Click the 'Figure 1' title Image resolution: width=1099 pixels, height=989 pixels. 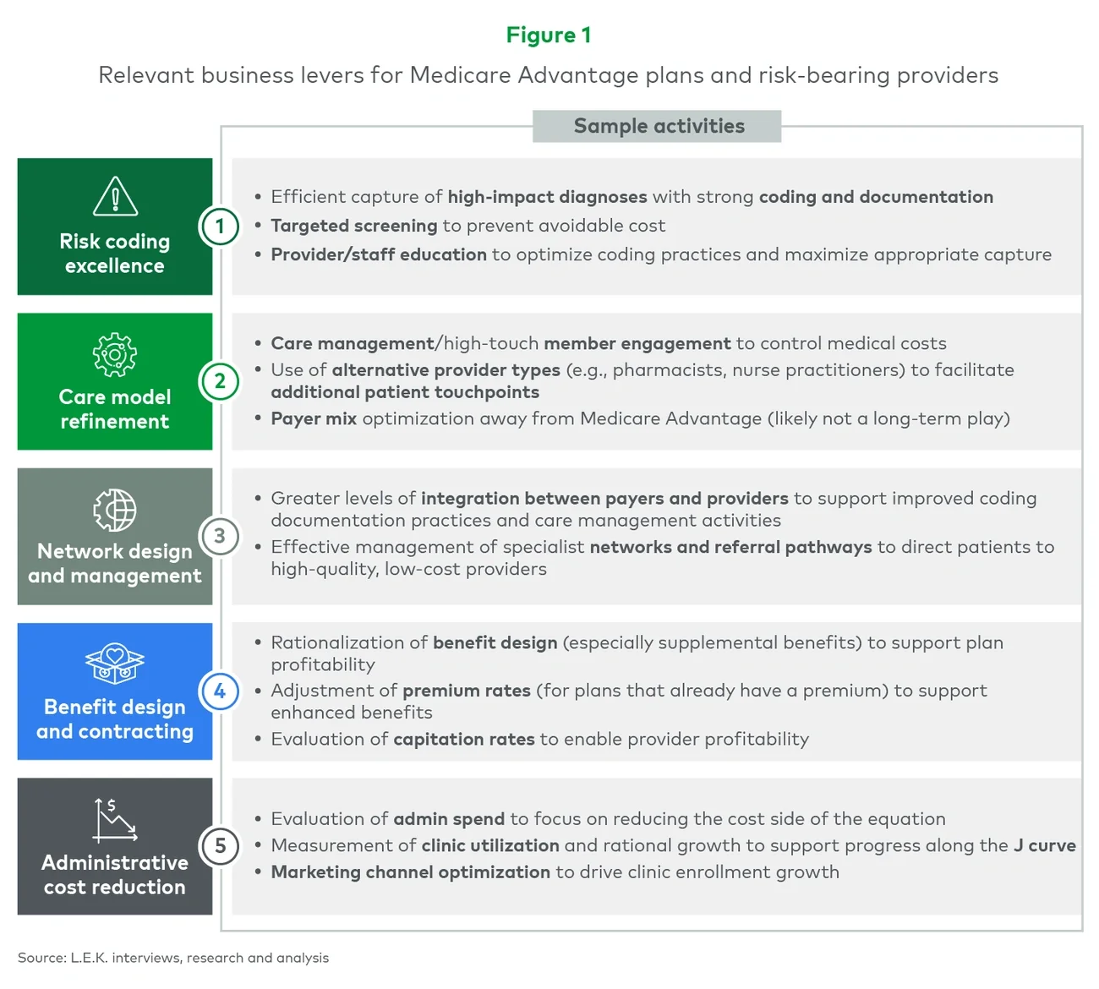549,36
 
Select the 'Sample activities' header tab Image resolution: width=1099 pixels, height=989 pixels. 658,126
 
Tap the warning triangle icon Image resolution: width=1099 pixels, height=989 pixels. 115,196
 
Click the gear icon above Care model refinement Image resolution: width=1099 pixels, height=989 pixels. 115,354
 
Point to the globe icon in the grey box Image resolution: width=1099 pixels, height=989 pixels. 115,510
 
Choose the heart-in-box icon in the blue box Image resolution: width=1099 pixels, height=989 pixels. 115,664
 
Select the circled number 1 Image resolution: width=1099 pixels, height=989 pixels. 220,226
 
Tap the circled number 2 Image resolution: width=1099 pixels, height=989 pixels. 220,381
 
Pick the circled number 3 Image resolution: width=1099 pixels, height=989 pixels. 220,536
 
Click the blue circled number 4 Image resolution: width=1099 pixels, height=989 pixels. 220,691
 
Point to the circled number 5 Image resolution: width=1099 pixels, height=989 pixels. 220,846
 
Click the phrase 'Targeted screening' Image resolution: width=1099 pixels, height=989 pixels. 353,226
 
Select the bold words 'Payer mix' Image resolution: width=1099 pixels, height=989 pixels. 314,418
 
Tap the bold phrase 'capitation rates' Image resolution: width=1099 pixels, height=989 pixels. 464,740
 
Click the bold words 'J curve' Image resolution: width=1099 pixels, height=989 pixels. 1045,845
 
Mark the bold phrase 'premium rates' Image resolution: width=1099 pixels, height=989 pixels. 467,691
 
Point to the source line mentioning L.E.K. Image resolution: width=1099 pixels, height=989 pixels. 173,958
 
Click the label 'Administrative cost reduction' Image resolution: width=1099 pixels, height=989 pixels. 115,875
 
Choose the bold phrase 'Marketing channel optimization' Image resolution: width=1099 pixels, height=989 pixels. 410,872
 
